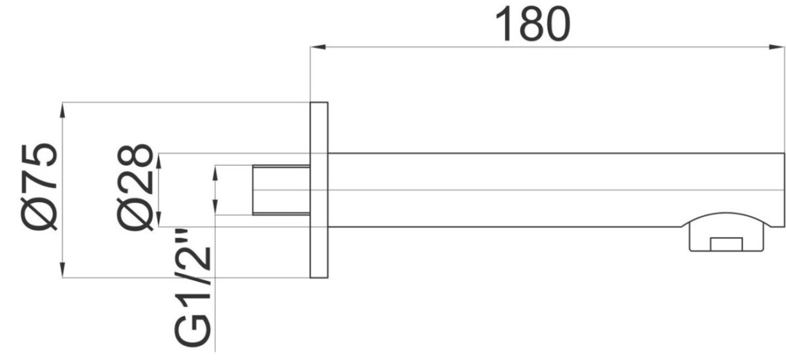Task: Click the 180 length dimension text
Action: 532,24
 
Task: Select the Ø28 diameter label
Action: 136,188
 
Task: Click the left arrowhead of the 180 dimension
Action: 317,46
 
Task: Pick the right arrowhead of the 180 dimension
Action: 778,46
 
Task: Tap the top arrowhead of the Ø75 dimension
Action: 62,109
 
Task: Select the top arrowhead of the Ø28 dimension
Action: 159,158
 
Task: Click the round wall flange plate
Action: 319,190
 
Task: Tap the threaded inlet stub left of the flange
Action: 281,190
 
